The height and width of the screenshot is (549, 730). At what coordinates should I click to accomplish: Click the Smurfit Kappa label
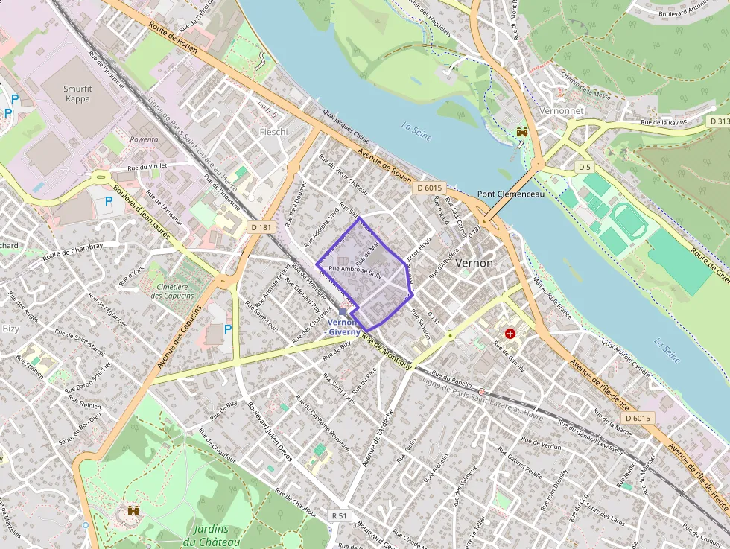click(77, 94)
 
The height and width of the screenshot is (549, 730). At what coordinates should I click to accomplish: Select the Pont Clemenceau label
click(511, 194)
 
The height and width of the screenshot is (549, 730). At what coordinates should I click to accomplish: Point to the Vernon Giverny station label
click(344, 327)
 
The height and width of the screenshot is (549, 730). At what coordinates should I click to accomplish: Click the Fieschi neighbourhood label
click(273, 132)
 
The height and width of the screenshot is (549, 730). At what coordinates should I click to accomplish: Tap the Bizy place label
click(11, 329)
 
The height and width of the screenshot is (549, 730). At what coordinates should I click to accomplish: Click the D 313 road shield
click(720, 121)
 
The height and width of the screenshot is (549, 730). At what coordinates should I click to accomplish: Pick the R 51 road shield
click(340, 515)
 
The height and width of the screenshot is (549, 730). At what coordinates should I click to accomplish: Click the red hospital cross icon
click(510, 333)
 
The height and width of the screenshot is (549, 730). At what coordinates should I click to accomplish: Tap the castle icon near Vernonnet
click(521, 132)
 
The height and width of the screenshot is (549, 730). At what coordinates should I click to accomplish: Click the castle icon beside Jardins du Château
click(134, 511)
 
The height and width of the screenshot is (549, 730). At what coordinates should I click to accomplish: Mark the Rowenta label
click(144, 139)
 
